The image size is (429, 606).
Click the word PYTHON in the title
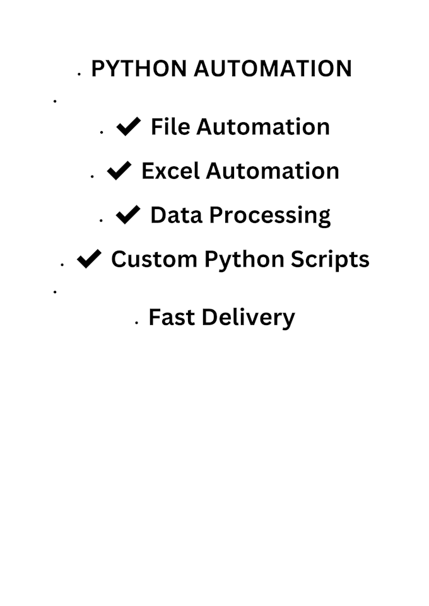[x=139, y=69]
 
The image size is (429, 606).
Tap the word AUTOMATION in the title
[x=273, y=69]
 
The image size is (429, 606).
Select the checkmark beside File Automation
[x=128, y=127]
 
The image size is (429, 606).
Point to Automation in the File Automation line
[x=263, y=127]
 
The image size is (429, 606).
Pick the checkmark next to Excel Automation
[x=119, y=171]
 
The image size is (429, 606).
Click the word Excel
[x=170, y=171]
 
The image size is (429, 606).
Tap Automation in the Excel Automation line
[x=273, y=171]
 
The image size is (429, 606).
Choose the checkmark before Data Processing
[x=128, y=215]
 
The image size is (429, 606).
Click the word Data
[x=176, y=215]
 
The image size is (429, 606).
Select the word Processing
[x=270, y=216]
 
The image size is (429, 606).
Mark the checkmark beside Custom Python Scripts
[x=89, y=258]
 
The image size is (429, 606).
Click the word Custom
[x=154, y=258]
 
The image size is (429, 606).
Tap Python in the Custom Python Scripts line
[x=244, y=260]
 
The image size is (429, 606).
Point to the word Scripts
[x=331, y=260]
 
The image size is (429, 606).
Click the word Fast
[x=172, y=317]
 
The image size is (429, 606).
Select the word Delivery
[x=248, y=319]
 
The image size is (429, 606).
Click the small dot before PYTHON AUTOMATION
[x=79, y=74]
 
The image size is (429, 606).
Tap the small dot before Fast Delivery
[x=137, y=323]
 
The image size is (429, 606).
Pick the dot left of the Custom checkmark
[x=62, y=265]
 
